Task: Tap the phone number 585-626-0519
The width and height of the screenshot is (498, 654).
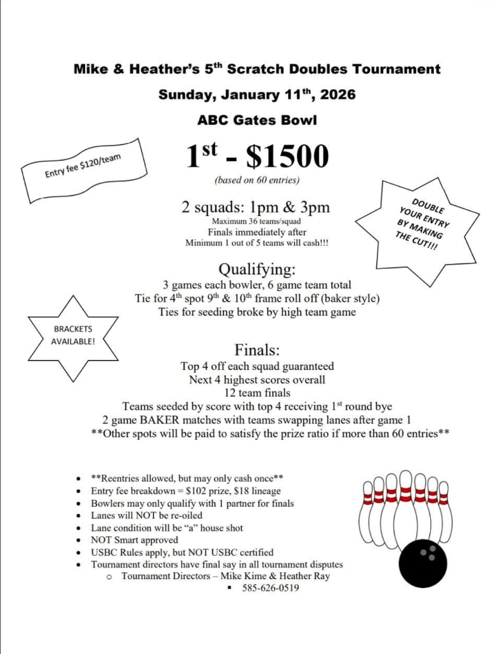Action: coord(270,588)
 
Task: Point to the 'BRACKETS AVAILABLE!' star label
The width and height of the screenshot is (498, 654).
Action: coord(73,336)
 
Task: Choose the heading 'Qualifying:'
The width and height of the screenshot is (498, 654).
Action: coord(256,270)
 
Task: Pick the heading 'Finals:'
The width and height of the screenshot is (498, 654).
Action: coord(256,350)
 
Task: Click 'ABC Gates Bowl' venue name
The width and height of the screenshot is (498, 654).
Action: coord(257,119)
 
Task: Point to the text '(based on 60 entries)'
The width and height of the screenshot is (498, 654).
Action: coord(257,181)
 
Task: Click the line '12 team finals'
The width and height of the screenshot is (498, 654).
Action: coord(257,393)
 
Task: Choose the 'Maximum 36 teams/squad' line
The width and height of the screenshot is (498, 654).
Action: coord(256,221)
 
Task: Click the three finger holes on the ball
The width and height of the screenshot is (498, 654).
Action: coord(429,553)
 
